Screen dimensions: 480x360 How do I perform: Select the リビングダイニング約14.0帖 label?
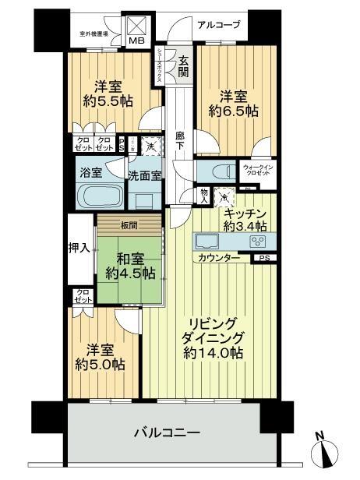[x=209, y=337]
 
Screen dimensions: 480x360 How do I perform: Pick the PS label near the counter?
[x=265, y=258]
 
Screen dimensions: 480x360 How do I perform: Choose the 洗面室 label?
[x=144, y=176]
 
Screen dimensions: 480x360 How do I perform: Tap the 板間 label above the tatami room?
[x=128, y=227]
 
